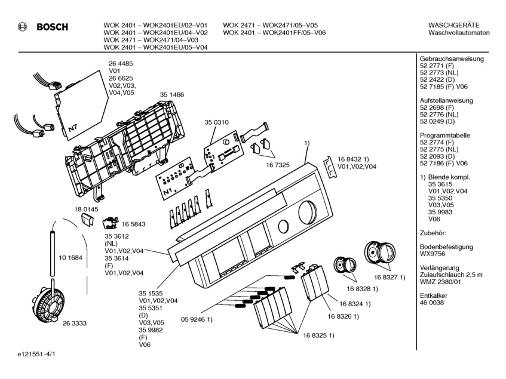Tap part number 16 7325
point(278,164)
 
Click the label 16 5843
point(134,224)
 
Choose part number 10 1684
point(70,258)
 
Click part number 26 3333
point(75,323)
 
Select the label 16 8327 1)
point(391,278)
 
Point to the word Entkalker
point(434,295)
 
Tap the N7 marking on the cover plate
point(72,127)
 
